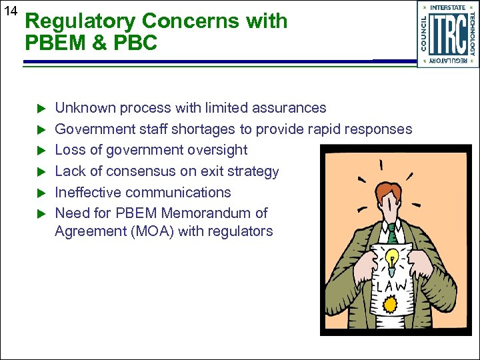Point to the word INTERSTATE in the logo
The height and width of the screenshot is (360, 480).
(x=448, y=7)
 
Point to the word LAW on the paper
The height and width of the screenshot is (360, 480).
(x=394, y=286)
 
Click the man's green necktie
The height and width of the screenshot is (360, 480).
(x=392, y=233)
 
